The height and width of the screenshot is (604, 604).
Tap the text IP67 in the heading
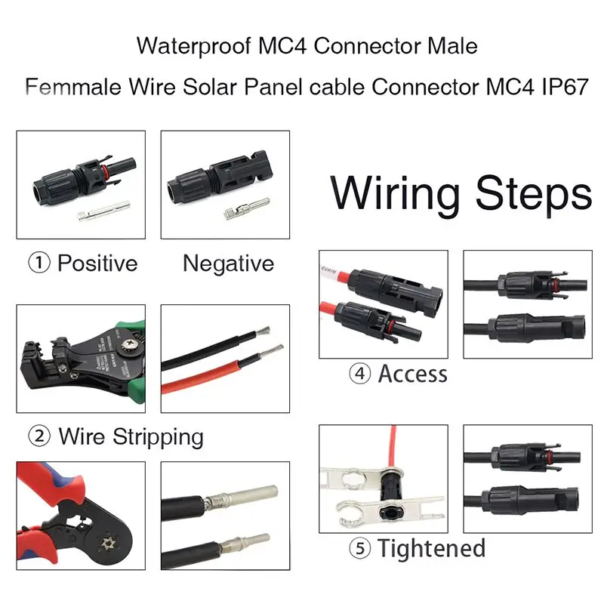coord(559,86)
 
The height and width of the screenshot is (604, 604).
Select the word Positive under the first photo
coord(97,263)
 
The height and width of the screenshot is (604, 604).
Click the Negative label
coord(228,263)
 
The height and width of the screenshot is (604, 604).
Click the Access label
coord(413,374)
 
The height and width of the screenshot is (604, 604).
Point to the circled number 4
coord(359,374)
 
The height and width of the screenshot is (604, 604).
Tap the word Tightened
coord(431,548)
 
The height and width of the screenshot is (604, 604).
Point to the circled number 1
coord(39,263)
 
